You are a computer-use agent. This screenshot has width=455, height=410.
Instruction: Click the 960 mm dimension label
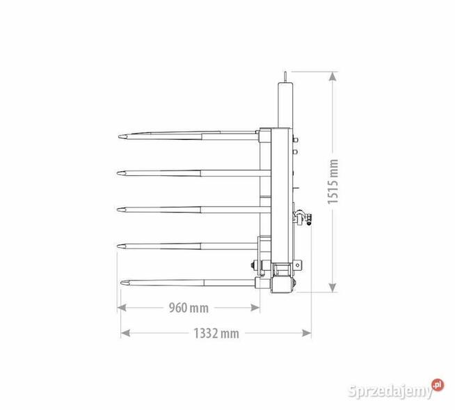pos(189,308)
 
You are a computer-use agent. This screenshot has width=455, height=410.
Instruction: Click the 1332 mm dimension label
pos(216,333)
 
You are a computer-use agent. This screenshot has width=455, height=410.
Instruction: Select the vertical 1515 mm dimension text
pos(333,182)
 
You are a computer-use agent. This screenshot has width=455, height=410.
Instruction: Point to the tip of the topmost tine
pos(119,136)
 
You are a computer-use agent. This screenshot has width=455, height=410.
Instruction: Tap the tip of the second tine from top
pos(118,173)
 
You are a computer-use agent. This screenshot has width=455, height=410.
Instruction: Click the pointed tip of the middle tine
pos(118,210)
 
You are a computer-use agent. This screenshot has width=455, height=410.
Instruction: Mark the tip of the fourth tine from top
pos(118,246)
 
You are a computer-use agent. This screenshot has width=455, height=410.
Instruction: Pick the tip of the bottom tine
pos(121,283)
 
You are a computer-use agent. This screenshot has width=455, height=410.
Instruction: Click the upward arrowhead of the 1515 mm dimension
pos(333,76)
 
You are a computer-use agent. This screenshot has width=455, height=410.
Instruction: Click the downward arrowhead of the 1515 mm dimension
pos(333,287)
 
